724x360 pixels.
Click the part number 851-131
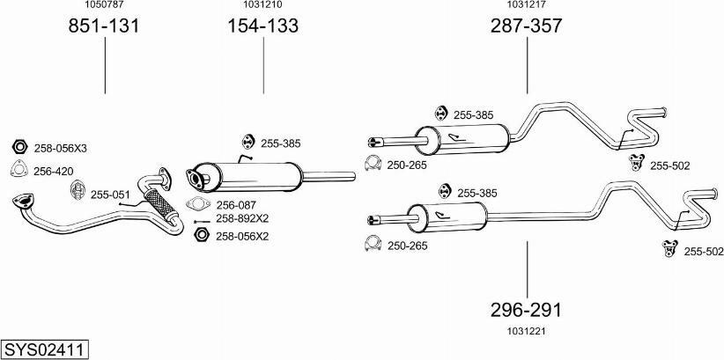point(104,27)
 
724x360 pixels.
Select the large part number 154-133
point(262,27)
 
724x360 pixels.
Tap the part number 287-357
point(526,27)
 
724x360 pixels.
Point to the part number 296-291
point(526,310)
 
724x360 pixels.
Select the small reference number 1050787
point(104,5)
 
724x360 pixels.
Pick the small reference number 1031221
point(526,331)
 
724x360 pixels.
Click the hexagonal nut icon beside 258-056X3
point(20,147)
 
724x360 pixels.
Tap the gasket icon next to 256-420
point(20,171)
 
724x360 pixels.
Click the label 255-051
point(110,195)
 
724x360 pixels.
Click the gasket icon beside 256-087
point(200,205)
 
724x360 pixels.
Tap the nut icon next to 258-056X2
point(200,235)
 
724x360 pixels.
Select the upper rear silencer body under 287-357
point(462,138)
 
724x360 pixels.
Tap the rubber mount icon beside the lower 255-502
point(670,251)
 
